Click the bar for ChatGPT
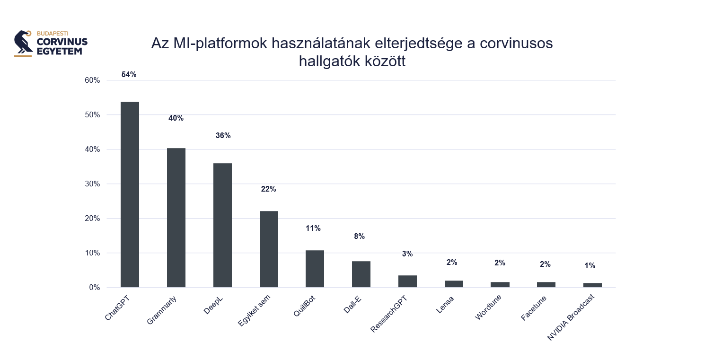click(130, 194)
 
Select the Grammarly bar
click(176, 218)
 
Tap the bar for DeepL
click(222, 225)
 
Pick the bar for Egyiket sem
click(269, 249)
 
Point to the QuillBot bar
click(315, 269)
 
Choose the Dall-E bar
click(361, 274)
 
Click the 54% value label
click(129, 75)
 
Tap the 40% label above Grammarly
click(176, 118)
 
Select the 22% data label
click(268, 189)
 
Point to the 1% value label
click(590, 266)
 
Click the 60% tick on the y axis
click(92, 80)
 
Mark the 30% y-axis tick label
click(92, 184)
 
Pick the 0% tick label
click(94, 288)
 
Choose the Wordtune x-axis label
click(488, 307)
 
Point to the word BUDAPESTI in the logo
click(53, 34)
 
